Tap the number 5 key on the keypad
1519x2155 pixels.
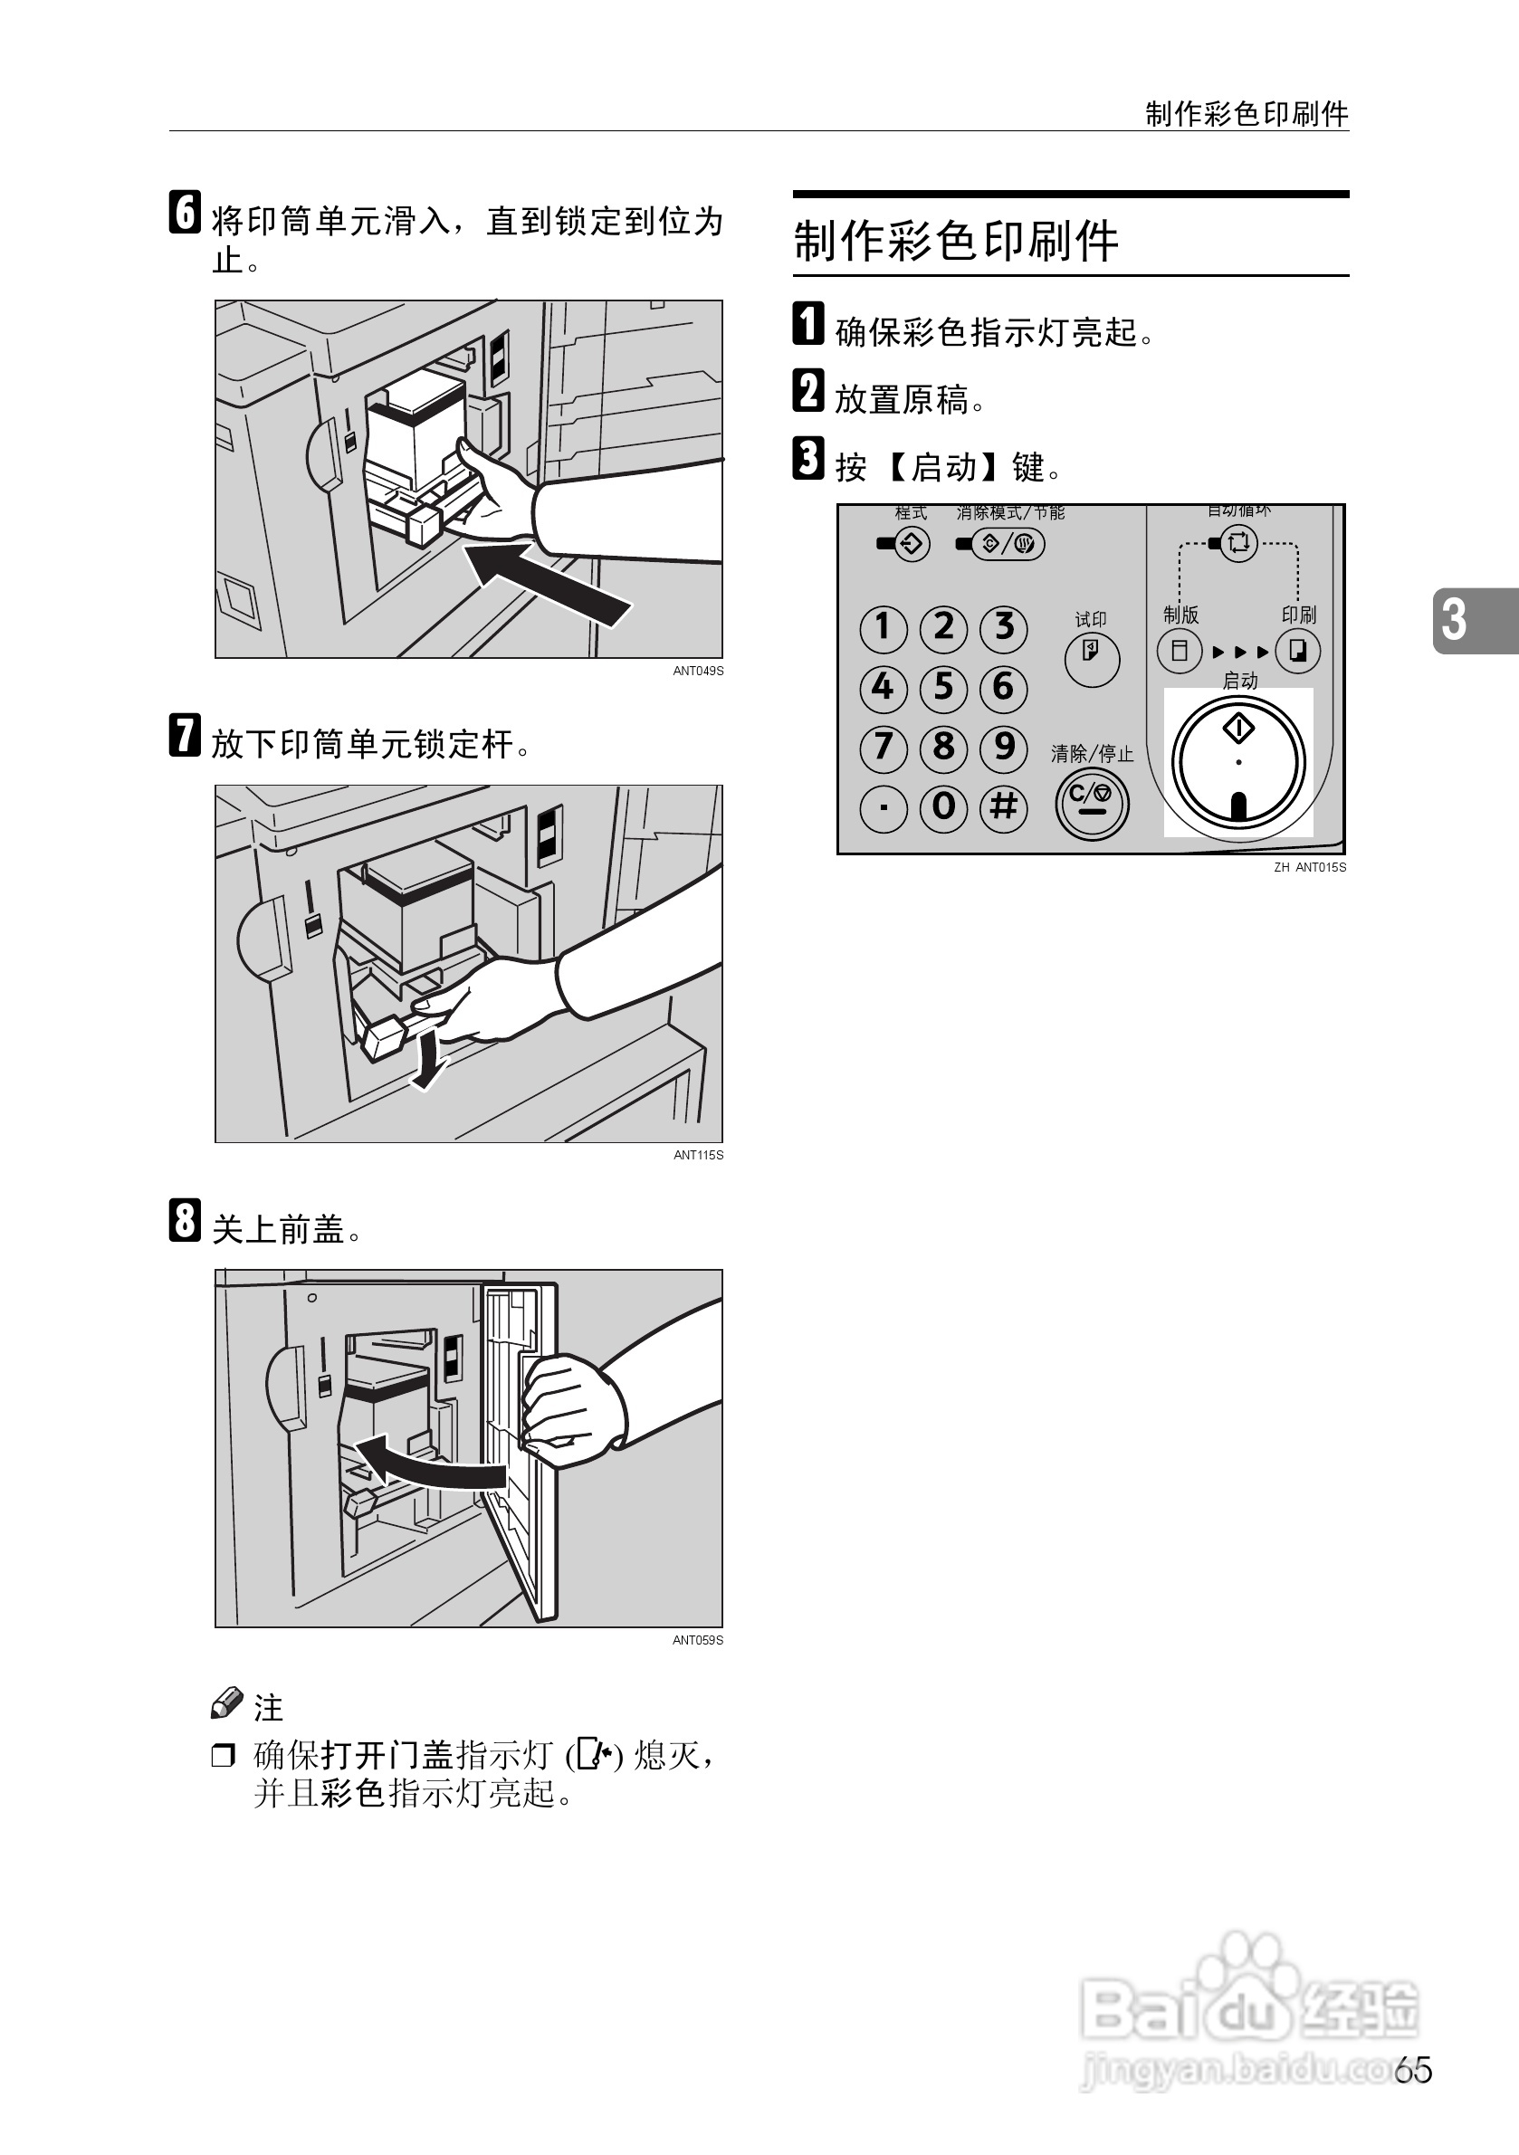coord(942,687)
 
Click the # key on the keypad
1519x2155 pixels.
coord(1003,807)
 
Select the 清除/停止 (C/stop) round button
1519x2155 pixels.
coord(1091,804)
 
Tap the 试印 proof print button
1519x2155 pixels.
coord(1091,658)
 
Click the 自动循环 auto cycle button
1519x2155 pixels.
coord(1238,543)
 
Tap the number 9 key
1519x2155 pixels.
coord(1003,747)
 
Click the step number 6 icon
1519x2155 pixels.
coord(185,212)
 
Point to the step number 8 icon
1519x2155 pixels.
coord(185,1220)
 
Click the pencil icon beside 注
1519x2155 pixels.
coord(226,1703)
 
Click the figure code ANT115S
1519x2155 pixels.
coord(698,1156)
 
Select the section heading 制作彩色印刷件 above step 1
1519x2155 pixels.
coord(956,242)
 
